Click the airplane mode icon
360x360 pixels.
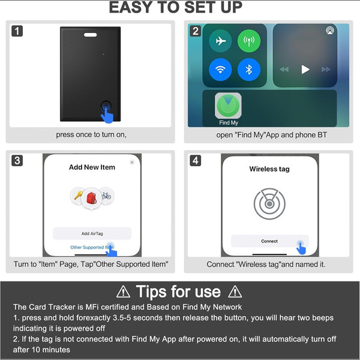(x=220, y=41)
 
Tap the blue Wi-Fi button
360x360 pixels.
(x=220, y=70)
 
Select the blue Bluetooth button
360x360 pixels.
(x=249, y=70)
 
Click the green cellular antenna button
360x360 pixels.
(x=249, y=41)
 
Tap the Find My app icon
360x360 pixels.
(x=228, y=106)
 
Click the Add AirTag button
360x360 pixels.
(x=92, y=233)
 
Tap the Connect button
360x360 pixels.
(x=269, y=241)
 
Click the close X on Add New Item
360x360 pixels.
(x=132, y=163)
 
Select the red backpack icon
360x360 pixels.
(x=92, y=198)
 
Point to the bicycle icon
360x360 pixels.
(x=106, y=196)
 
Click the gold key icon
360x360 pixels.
(x=78, y=196)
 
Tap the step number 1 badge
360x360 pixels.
(x=17, y=31)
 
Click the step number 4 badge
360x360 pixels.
(x=196, y=160)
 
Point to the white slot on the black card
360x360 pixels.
(x=90, y=35)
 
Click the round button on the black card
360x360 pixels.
(x=106, y=107)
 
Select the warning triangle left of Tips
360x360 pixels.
(x=123, y=292)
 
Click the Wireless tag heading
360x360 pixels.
(x=269, y=169)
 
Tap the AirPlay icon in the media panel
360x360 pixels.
(x=330, y=31)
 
